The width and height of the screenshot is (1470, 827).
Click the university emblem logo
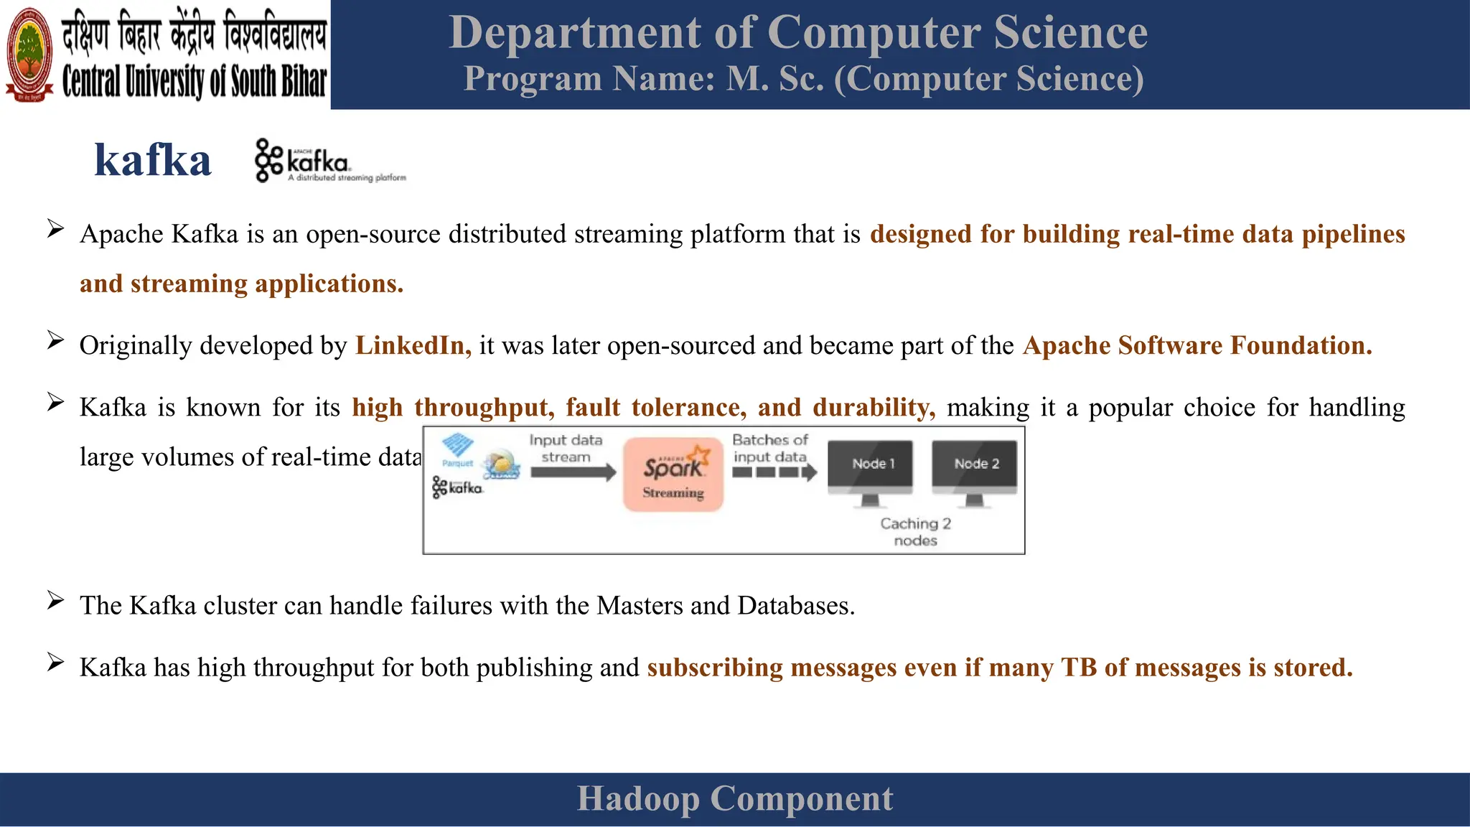[29, 54]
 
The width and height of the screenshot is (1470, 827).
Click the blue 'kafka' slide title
[153, 160]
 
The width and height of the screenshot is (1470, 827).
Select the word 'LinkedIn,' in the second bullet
[413, 345]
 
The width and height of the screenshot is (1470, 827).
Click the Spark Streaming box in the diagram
[673, 474]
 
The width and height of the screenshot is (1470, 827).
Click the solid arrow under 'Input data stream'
[574, 472]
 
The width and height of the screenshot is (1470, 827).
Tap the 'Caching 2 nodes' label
[915, 532]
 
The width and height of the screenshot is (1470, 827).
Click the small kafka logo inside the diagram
[457, 487]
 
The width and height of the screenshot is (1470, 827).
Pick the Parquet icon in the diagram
[457, 449]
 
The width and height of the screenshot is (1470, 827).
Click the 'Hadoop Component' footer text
[735, 798]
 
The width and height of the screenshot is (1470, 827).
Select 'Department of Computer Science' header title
[798, 32]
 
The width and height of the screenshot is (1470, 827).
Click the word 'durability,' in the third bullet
[874, 407]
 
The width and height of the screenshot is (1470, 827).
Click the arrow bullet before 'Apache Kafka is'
[55, 230]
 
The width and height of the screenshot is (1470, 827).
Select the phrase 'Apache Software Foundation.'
[1197, 345]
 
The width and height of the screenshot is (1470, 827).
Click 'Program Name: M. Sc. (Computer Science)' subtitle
[803, 78]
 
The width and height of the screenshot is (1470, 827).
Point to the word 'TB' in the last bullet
[1079, 668]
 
